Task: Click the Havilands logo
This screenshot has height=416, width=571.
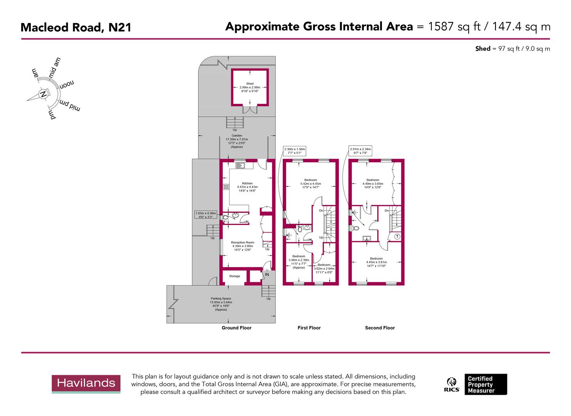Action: [x=86, y=383]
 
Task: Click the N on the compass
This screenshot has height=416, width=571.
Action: [x=44, y=94]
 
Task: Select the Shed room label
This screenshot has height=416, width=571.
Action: [x=250, y=84]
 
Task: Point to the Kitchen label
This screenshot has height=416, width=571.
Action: [x=247, y=183]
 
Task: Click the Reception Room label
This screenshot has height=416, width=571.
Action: [x=242, y=243]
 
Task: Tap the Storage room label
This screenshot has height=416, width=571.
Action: [x=234, y=276]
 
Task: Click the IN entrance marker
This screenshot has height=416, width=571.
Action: [x=267, y=275]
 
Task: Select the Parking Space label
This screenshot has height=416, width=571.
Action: [x=221, y=299]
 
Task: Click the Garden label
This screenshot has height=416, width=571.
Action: [x=237, y=136]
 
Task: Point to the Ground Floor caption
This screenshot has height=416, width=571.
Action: [x=236, y=328]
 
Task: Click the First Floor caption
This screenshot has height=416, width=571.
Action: [x=309, y=328]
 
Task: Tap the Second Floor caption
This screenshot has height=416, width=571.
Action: [x=380, y=328]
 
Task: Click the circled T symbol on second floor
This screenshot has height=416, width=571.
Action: [x=397, y=237]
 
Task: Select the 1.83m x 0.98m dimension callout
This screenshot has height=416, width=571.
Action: [x=206, y=215]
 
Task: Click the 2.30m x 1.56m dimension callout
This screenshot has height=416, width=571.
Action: [x=294, y=151]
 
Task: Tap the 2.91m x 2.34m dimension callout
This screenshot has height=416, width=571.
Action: [x=360, y=151]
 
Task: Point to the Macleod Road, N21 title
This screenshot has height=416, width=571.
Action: [x=76, y=28]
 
